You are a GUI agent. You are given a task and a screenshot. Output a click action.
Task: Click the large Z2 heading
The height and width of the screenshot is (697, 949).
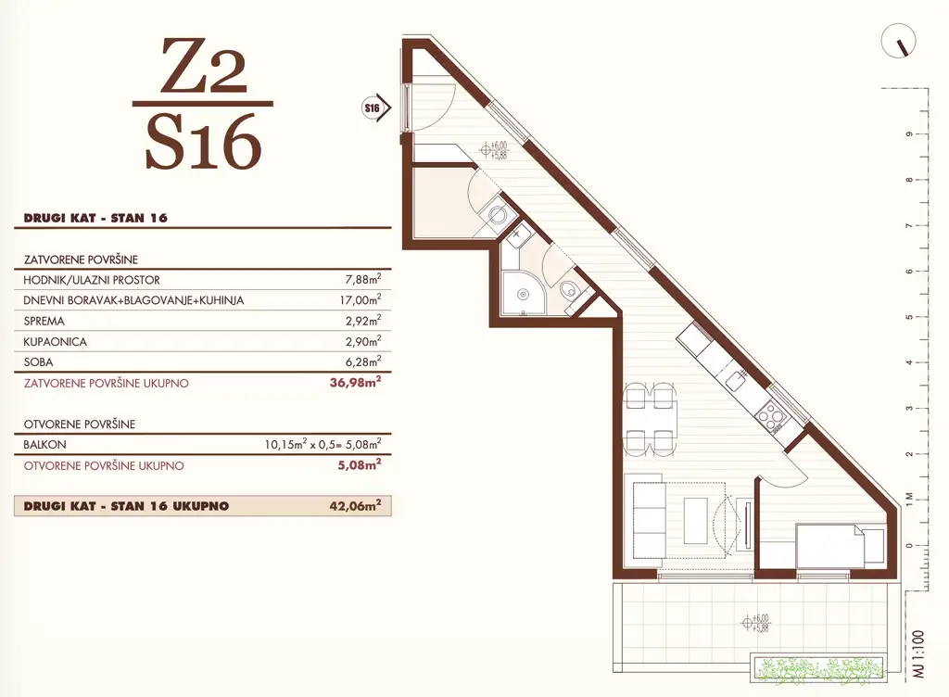coord(203,68)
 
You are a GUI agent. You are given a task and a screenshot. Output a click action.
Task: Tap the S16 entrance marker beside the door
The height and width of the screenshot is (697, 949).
coord(373,108)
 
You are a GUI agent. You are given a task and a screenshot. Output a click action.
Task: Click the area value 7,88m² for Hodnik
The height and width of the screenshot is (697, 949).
coord(362,279)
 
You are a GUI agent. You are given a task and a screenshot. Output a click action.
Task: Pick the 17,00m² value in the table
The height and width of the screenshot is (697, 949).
coord(361,300)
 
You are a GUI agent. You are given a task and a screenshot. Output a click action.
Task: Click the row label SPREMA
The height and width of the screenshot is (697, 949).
coord(44,321)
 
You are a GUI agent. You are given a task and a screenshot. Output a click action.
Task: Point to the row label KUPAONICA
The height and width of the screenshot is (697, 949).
coord(55,342)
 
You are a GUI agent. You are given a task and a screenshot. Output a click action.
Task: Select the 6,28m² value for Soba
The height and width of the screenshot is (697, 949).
coord(362,362)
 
